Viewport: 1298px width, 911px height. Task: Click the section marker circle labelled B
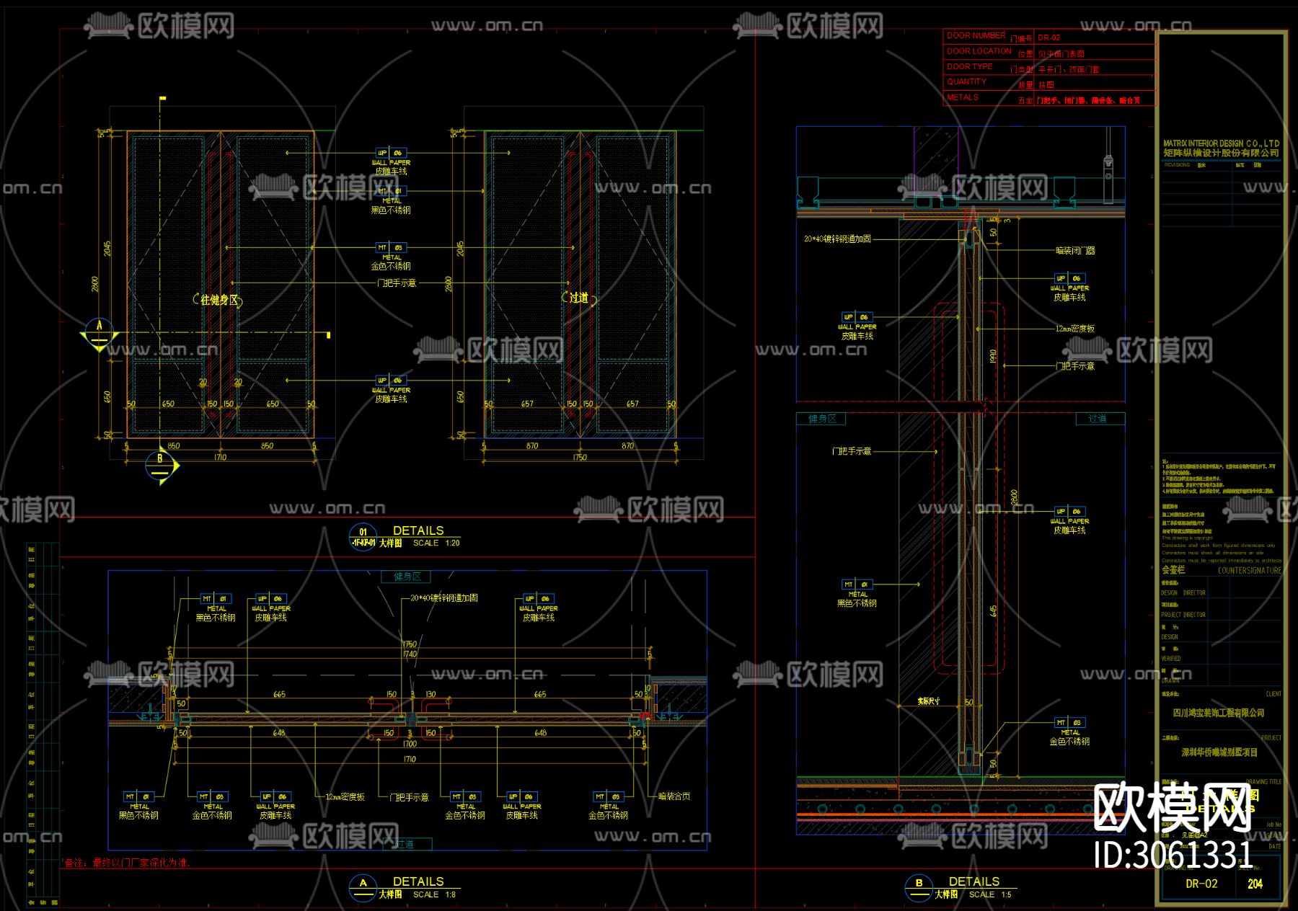click(x=160, y=465)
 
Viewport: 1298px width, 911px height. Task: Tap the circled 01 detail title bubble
click(x=363, y=537)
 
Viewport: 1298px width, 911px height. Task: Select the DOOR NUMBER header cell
click(x=976, y=35)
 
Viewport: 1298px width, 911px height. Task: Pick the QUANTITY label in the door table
click(x=966, y=81)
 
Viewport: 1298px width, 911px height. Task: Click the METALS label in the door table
click(x=963, y=97)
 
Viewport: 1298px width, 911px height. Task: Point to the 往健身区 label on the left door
click(x=218, y=300)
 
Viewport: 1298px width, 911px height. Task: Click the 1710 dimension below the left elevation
click(x=220, y=458)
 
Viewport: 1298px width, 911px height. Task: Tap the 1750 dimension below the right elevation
click(x=580, y=458)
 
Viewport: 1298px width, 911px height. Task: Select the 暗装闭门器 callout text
click(x=1075, y=251)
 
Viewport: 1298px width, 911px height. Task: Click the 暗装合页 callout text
click(x=674, y=796)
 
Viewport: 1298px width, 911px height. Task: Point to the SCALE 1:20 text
click(x=436, y=543)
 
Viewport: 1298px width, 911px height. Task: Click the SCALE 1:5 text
click(x=990, y=894)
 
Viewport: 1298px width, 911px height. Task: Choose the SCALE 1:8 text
click(x=434, y=894)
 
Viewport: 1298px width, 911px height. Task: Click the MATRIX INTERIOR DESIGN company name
click(x=1221, y=143)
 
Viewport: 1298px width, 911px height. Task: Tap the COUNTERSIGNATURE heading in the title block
click(x=1249, y=571)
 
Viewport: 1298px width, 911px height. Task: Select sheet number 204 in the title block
click(x=1255, y=884)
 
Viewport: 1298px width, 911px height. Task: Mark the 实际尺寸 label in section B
click(x=928, y=701)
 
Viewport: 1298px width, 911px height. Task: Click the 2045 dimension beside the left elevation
click(x=107, y=249)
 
